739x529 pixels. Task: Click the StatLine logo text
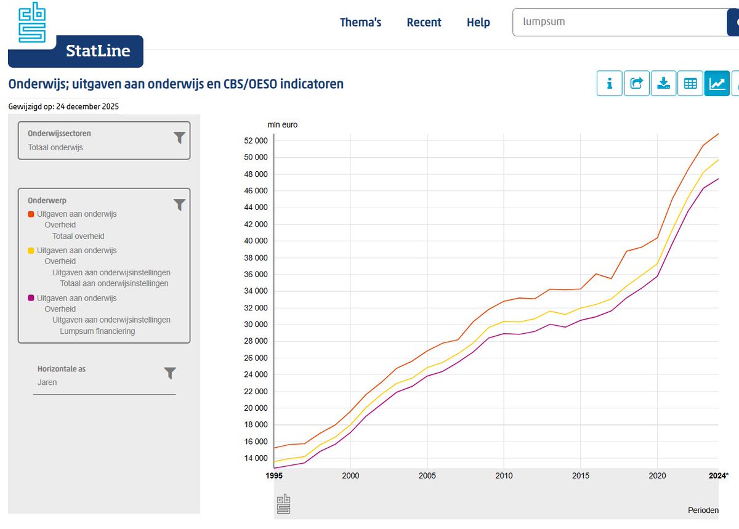click(x=98, y=51)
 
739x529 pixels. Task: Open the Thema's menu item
click(x=360, y=22)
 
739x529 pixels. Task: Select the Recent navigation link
click(x=424, y=22)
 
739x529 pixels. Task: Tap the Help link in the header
click(x=478, y=22)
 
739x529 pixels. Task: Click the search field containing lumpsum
click(x=620, y=22)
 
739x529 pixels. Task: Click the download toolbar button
click(x=663, y=83)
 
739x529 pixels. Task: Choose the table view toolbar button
click(x=690, y=83)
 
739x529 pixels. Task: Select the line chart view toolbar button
click(x=717, y=83)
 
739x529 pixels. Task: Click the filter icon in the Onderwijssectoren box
click(x=179, y=137)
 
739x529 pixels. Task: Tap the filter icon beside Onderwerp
click(x=179, y=204)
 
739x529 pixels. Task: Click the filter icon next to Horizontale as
click(x=170, y=373)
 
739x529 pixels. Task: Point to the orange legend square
click(x=31, y=214)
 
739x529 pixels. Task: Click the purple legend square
click(x=31, y=298)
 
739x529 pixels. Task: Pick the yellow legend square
click(x=31, y=251)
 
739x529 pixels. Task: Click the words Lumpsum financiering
click(x=97, y=331)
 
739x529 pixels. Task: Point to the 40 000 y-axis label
click(x=256, y=241)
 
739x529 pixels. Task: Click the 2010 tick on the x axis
click(x=504, y=475)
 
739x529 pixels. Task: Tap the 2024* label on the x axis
click(x=719, y=475)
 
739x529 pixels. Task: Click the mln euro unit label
click(x=283, y=125)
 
